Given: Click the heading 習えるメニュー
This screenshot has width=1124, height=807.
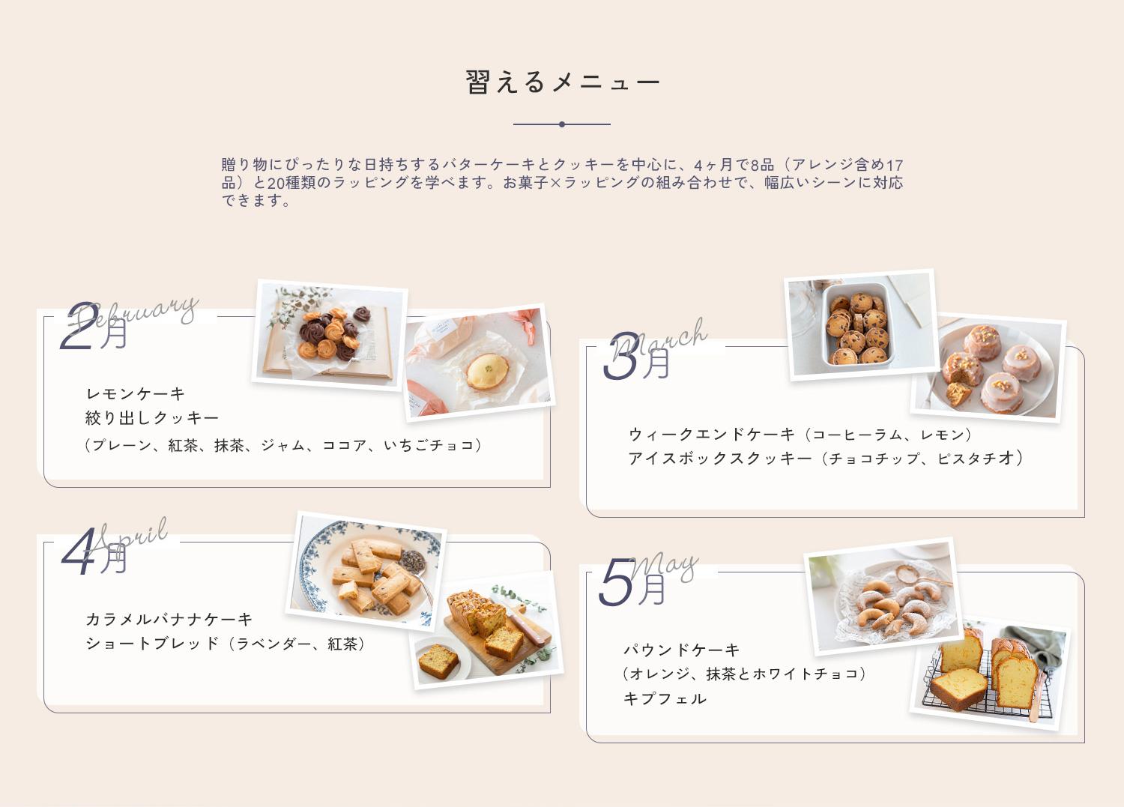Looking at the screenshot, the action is (562, 82).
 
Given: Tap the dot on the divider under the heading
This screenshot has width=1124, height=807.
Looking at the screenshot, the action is (562, 124).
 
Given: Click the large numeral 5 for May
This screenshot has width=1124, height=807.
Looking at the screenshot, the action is (617, 582).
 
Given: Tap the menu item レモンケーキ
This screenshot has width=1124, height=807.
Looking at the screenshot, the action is (136, 394).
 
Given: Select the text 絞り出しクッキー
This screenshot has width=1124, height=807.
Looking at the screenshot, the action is (153, 417).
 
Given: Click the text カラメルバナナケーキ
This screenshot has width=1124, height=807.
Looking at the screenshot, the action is (169, 620).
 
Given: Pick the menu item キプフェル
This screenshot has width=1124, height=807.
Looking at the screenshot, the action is (665, 698).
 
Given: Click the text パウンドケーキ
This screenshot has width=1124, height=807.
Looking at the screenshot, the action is (682, 650).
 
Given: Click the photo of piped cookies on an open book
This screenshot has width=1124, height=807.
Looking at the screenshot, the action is (329, 335).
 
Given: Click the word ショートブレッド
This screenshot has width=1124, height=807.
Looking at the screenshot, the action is (153, 644).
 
